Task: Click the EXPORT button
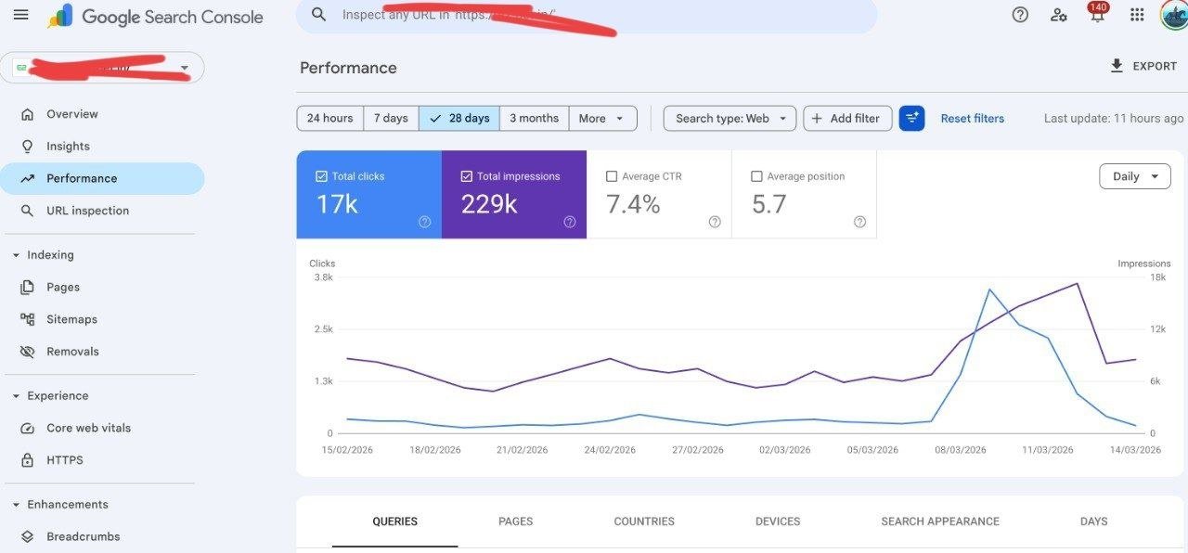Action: tap(1143, 66)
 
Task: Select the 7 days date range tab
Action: tap(391, 118)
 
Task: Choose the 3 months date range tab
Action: tap(534, 118)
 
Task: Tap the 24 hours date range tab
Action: tap(329, 118)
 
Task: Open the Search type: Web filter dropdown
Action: tap(730, 118)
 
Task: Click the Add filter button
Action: tap(846, 118)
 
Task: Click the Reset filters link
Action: tap(972, 118)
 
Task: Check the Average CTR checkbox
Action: tap(612, 176)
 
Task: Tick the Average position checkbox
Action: tap(756, 176)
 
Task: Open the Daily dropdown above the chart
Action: tap(1134, 176)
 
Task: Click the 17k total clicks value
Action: tap(337, 204)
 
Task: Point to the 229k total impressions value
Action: tap(489, 204)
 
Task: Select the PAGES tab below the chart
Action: tap(515, 521)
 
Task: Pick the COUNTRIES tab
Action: tap(644, 521)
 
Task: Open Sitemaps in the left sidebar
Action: tap(71, 319)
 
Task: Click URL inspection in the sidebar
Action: tap(87, 211)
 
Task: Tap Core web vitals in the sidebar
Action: tap(88, 428)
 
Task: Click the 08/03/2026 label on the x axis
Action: tap(961, 450)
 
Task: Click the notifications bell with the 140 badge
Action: tap(1097, 15)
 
